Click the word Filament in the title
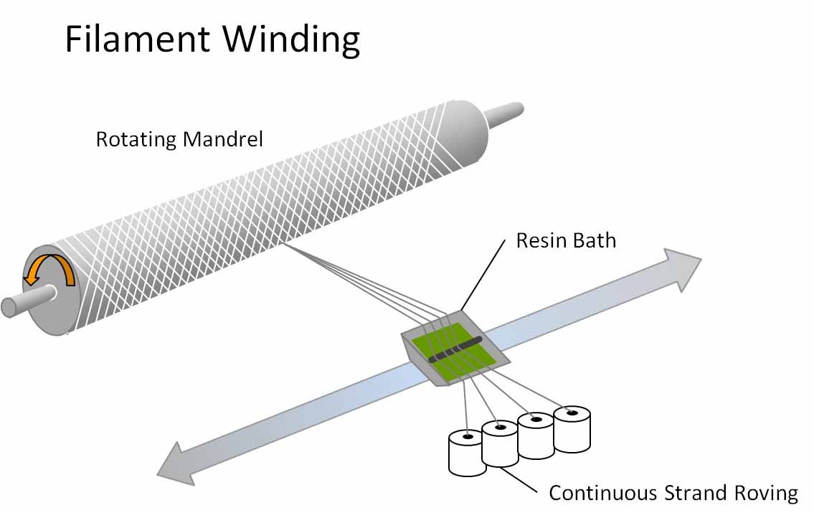pyautogui.click(x=137, y=39)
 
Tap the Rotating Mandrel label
pyautogui.click(x=179, y=138)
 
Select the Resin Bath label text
pyautogui.click(x=566, y=240)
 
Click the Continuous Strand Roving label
pyautogui.click(x=673, y=493)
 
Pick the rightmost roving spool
pyautogui.click(x=572, y=430)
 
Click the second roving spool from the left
pyautogui.click(x=500, y=445)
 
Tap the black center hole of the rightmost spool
pyautogui.click(x=572, y=413)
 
